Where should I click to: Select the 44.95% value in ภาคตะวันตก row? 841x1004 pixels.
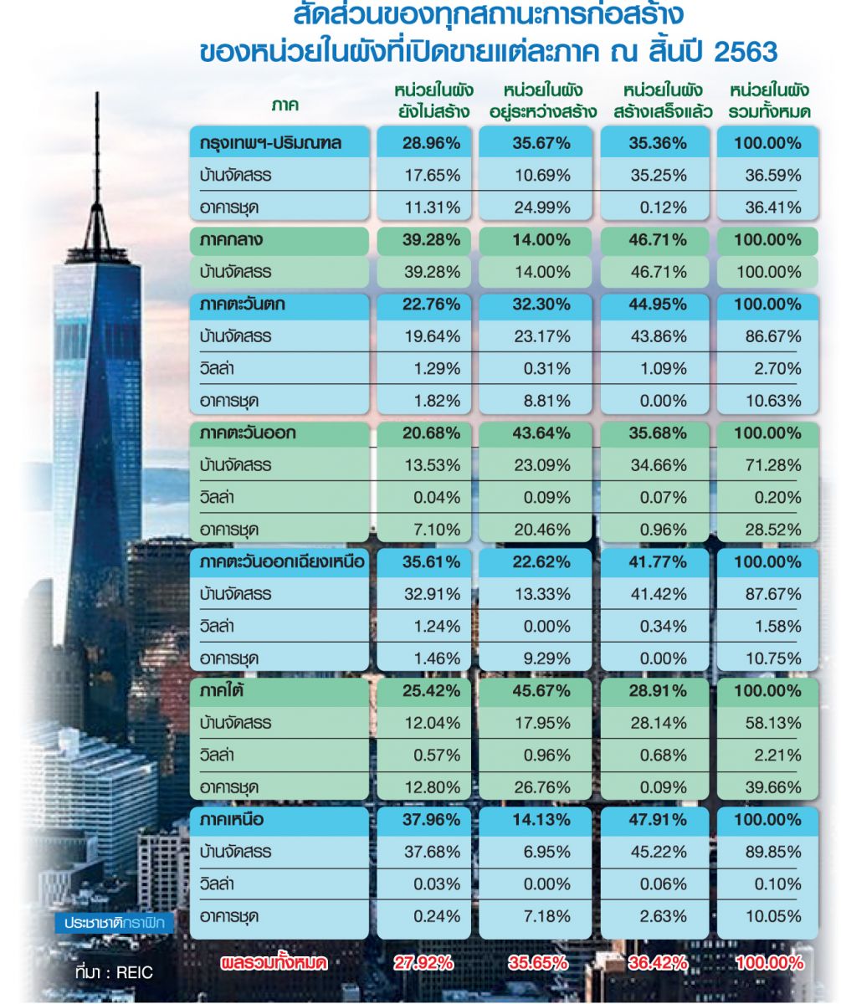point(657,305)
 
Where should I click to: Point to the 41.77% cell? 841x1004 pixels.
point(657,562)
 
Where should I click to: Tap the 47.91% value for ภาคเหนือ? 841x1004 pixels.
point(657,820)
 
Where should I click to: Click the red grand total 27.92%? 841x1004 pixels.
point(426,963)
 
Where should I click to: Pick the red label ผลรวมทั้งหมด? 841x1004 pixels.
point(273,963)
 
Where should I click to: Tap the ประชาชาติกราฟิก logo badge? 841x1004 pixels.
point(118,923)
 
